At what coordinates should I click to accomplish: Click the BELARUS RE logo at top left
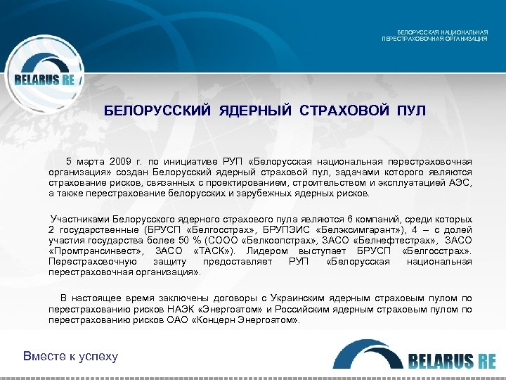pyautogui.click(x=44, y=78)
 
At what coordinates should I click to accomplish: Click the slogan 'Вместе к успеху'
pyautogui.click(x=71, y=356)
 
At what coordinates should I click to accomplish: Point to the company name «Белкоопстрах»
pyautogui.click(x=281, y=241)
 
